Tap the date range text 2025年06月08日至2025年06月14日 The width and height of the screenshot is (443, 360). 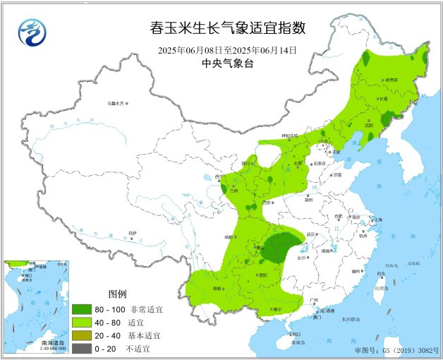click(x=227, y=51)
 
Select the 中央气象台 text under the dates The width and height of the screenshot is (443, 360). click(x=227, y=64)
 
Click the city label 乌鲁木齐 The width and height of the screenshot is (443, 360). click(x=115, y=104)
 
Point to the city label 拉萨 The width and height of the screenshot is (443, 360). click(x=133, y=232)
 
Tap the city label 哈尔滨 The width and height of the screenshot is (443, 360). click(x=390, y=80)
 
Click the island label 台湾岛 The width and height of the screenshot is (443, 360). click(x=382, y=288)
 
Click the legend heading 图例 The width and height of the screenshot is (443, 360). click(x=116, y=294)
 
